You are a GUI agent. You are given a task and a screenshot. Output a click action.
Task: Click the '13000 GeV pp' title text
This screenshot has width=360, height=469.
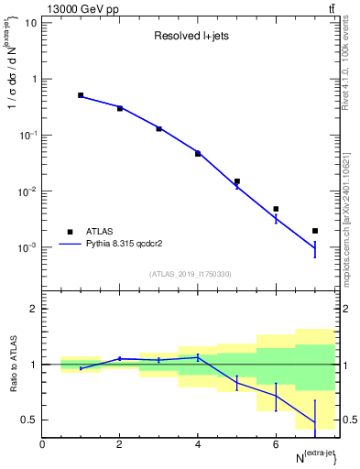79,9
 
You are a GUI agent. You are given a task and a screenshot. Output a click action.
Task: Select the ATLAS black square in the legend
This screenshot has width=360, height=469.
69,232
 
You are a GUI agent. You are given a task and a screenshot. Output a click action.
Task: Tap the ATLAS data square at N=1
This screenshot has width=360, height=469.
81,95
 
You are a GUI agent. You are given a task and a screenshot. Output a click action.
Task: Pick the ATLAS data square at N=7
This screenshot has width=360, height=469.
315,231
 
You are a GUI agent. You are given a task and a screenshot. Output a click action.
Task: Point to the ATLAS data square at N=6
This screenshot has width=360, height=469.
276,209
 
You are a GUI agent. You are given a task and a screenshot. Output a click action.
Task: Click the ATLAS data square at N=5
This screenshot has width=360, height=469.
236,181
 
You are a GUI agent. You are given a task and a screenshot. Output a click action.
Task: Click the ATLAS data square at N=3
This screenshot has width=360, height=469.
158,128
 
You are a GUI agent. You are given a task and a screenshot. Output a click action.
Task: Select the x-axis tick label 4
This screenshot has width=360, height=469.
198,444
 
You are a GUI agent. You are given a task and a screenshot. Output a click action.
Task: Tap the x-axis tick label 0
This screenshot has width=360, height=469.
42,444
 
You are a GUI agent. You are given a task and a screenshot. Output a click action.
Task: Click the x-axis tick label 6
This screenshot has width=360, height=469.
276,444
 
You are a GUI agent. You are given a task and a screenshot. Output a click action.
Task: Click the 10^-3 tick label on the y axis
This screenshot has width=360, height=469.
27,248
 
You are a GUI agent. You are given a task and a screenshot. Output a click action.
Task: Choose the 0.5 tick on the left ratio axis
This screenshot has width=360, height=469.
30,420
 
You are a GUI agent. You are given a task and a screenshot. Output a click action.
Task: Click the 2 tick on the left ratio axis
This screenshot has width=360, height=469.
34,309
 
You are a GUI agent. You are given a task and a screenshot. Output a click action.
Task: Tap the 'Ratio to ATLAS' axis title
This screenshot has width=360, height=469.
11,364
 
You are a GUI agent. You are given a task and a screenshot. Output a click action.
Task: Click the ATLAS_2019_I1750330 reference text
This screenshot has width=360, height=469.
191,274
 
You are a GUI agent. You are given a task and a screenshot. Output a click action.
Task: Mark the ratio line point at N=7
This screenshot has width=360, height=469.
315,423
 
